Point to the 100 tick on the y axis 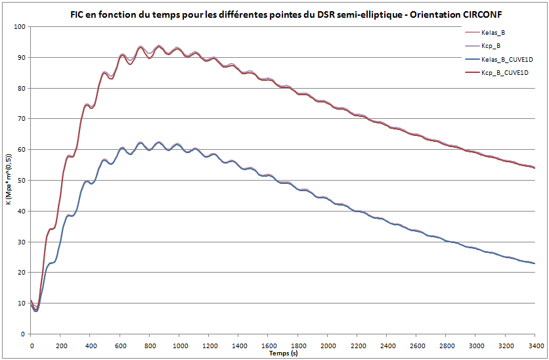(18, 27)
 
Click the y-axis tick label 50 (20, 181)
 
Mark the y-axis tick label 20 (20, 273)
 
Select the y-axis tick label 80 (20, 89)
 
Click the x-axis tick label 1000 (179, 344)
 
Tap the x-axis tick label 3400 (535, 344)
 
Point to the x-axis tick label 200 (60, 344)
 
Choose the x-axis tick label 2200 (357, 344)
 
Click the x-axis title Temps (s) (282, 353)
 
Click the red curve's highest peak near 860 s (159, 46)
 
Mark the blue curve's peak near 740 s (140, 143)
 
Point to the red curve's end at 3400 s (535, 168)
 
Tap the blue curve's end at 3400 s (535, 263)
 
